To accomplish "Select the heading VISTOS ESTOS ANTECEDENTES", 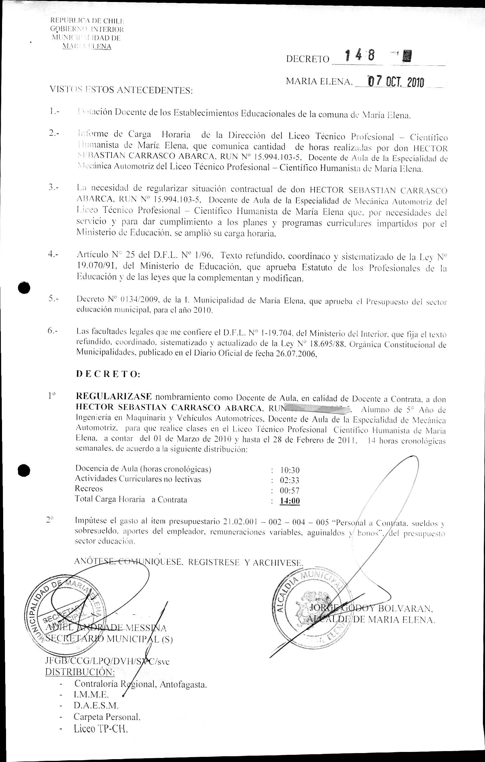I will click(x=121, y=90).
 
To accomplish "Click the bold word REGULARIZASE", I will click(x=114, y=397).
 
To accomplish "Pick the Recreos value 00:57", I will click(x=290, y=491).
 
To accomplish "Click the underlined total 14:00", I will click(x=290, y=501).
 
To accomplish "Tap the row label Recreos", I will click(x=89, y=489).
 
